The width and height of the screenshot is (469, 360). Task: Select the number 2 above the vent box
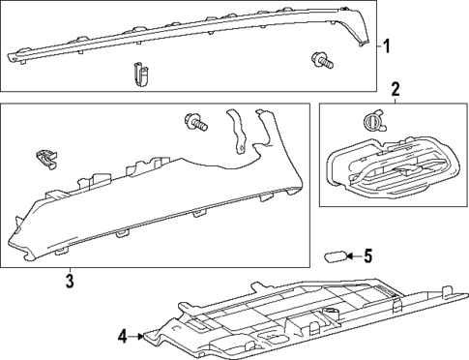click(x=395, y=90)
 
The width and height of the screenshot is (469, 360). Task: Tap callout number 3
click(x=70, y=282)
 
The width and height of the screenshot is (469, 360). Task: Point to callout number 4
click(x=123, y=337)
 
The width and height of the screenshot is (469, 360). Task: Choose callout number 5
click(x=366, y=256)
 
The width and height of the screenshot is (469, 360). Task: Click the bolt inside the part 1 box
click(x=324, y=59)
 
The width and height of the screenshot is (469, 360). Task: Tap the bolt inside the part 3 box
click(x=195, y=124)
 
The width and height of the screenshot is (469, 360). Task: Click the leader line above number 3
click(x=70, y=268)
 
